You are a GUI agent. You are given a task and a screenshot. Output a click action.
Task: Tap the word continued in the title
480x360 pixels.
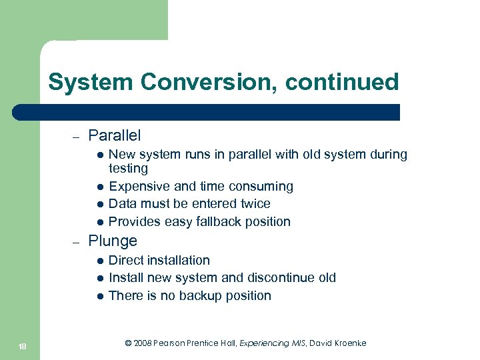click(342, 83)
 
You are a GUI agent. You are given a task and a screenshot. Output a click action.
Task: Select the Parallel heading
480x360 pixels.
click(114, 136)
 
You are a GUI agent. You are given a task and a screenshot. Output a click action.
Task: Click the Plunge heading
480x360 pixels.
click(113, 241)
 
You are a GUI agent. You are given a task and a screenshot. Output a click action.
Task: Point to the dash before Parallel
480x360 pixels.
click(76, 137)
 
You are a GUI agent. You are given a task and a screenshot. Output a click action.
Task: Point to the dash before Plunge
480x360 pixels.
click(76, 242)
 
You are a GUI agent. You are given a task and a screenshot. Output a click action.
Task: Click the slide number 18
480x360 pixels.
click(21, 345)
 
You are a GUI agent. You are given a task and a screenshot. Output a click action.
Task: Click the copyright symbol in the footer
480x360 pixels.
click(129, 343)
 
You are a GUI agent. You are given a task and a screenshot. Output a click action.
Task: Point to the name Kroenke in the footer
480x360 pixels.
click(348, 343)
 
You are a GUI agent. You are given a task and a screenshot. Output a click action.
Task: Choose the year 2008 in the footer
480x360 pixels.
click(144, 343)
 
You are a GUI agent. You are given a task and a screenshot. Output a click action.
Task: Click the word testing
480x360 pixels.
click(128, 169)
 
